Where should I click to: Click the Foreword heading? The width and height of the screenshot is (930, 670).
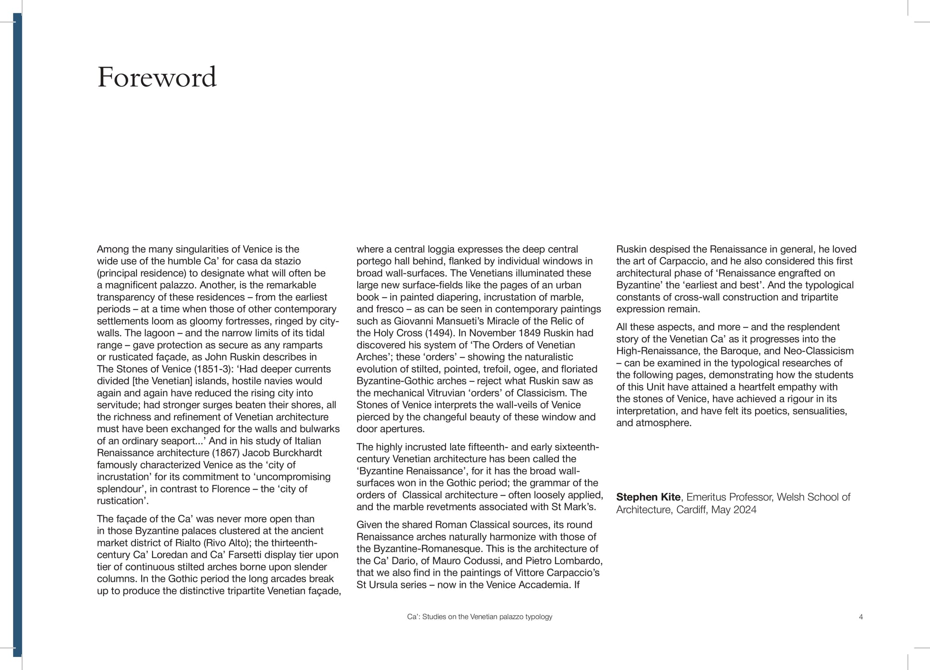pyautogui.click(x=157, y=77)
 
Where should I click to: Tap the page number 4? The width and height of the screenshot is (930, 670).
pyautogui.click(x=861, y=617)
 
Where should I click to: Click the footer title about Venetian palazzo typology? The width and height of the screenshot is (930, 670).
pyautogui.click(x=479, y=617)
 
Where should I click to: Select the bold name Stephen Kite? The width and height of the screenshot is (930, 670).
pyautogui.click(x=648, y=497)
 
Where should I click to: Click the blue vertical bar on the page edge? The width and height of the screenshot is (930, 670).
pyautogui.click(x=17, y=335)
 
